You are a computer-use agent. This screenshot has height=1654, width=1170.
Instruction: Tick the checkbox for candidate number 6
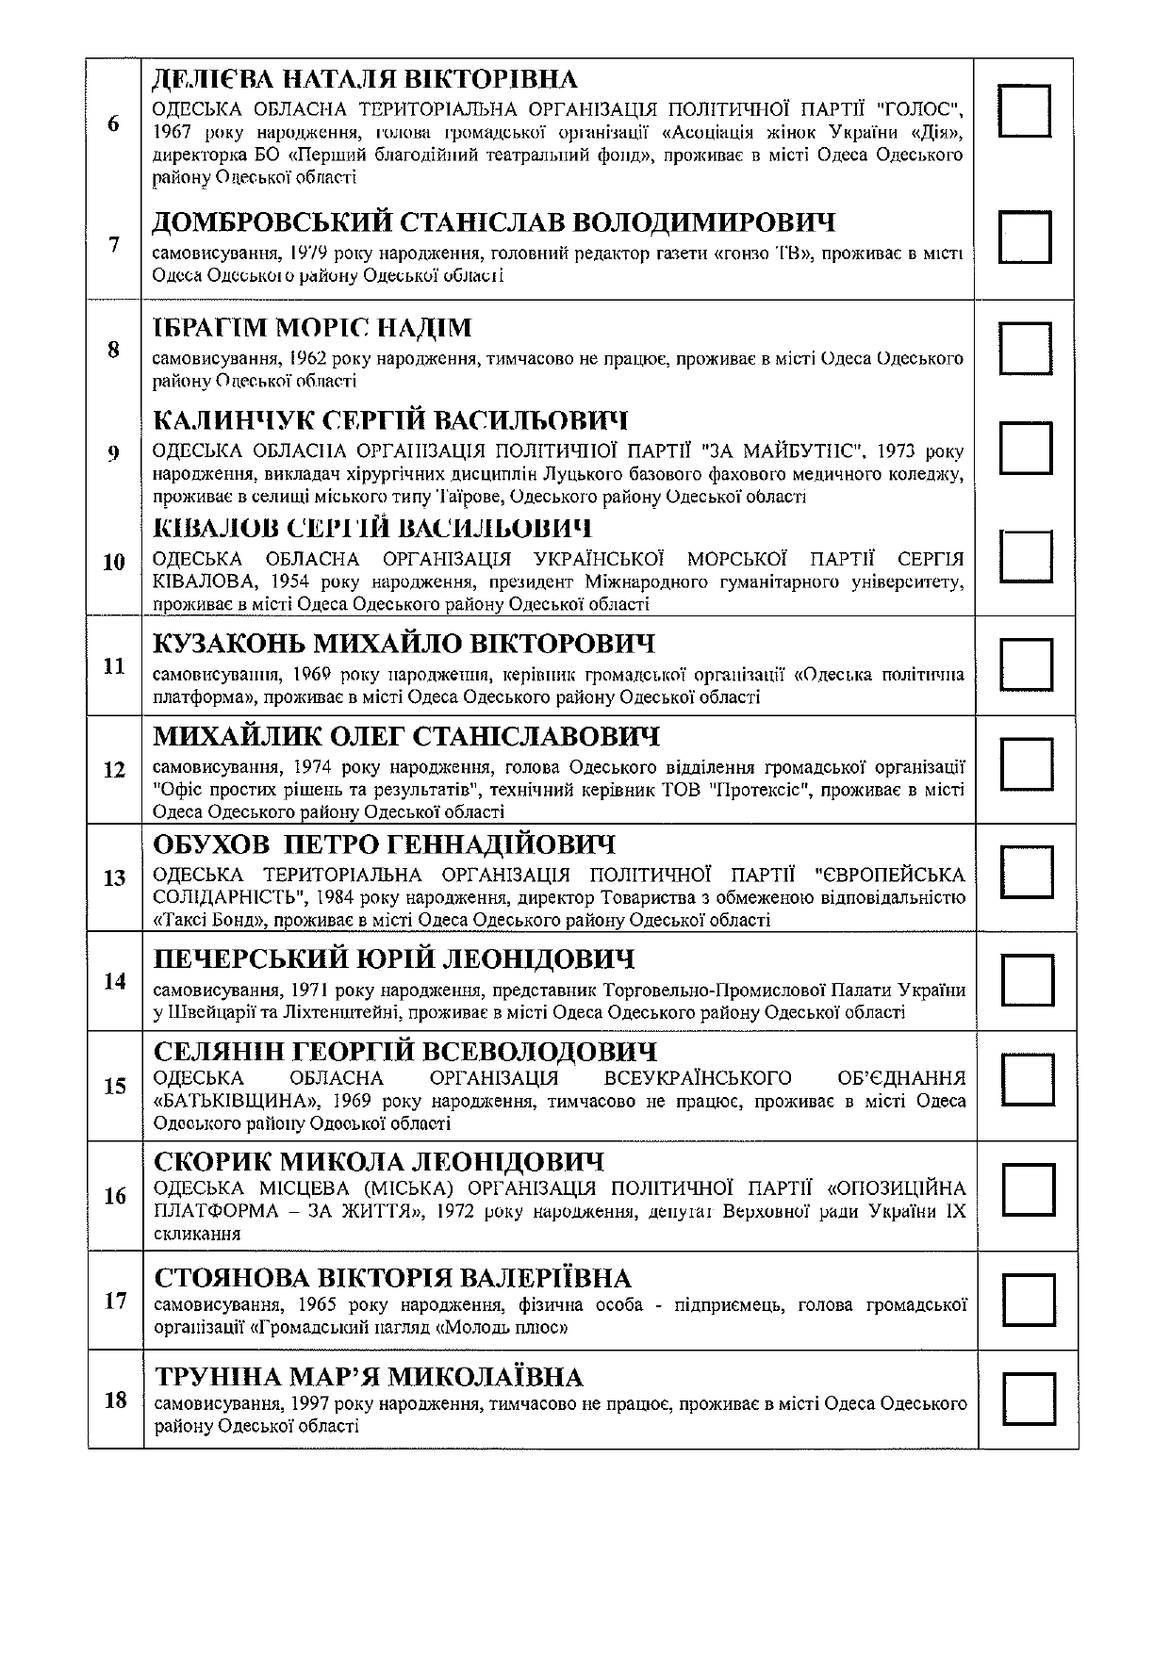(x=1024, y=111)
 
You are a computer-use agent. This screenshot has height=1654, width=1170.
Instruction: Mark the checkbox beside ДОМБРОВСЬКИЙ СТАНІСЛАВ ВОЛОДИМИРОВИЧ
(x=1025, y=236)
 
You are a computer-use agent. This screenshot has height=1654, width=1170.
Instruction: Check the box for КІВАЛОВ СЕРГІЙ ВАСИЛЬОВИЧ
(x=1026, y=555)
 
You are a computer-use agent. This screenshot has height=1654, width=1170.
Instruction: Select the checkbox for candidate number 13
(x=1026, y=871)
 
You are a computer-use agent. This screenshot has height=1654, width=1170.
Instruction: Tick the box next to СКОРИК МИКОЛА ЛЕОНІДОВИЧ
(x=1027, y=1188)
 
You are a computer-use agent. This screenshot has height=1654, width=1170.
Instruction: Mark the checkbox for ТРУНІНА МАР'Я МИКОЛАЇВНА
(x=1028, y=1399)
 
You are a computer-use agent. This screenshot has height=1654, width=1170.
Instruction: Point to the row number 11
(x=114, y=666)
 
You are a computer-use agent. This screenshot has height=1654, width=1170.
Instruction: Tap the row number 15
(x=115, y=1087)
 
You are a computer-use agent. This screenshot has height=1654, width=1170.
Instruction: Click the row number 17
(x=115, y=1302)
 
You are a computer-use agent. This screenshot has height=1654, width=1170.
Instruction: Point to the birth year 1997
(x=312, y=1404)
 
